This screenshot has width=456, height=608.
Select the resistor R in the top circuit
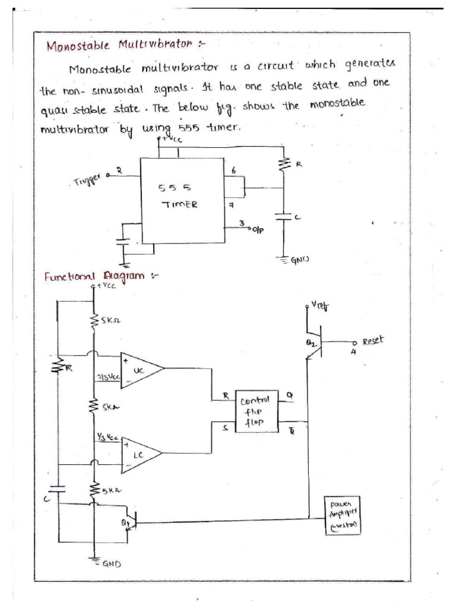tap(284, 164)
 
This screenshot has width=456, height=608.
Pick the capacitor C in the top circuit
tap(284, 218)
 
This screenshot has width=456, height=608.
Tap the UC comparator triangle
tap(140, 370)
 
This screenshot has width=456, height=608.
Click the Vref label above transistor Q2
tap(321, 306)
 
